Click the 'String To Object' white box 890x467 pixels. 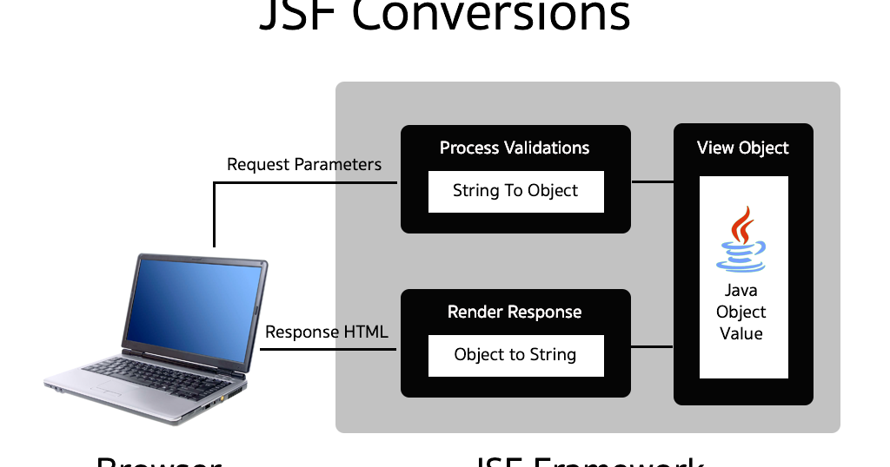(x=515, y=191)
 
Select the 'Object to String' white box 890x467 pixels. (x=515, y=354)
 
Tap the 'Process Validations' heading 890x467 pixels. (x=515, y=148)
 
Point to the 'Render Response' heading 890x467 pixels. (x=515, y=312)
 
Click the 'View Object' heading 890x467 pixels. (x=743, y=148)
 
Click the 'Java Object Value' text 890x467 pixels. (x=741, y=312)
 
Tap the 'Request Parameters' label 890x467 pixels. (x=304, y=164)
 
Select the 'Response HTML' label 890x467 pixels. (x=326, y=332)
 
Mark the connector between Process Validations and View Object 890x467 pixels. (x=652, y=182)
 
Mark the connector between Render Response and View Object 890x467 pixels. (x=652, y=347)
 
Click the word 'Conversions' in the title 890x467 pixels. (x=513, y=16)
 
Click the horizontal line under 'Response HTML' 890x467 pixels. (x=329, y=350)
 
